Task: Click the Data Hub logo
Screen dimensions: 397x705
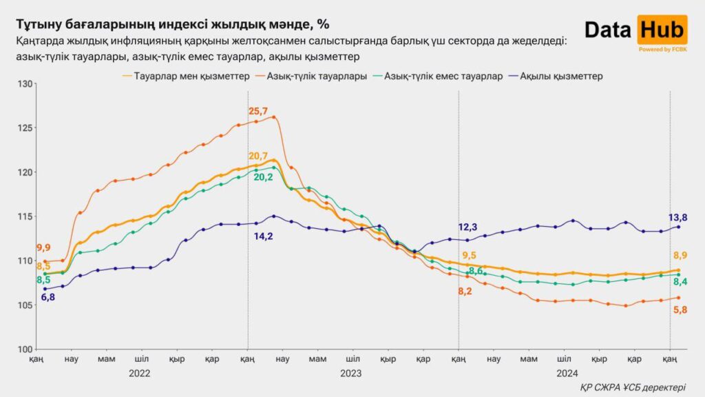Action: click(635, 30)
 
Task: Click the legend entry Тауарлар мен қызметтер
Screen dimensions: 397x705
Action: click(185, 76)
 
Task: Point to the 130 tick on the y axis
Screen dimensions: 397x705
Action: click(25, 84)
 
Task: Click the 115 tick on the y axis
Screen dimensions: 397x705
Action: click(25, 216)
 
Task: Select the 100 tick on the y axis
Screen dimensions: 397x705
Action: click(25, 349)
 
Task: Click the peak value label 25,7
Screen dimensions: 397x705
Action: click(257, 111)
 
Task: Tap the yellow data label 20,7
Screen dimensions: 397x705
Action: click(257, 156)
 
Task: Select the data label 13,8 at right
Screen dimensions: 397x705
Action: click(678, 217)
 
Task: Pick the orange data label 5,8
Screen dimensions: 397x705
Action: click(678, 309)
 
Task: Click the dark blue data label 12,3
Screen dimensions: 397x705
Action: click(468, 227)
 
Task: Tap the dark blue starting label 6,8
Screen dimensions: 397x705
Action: click(48, 297)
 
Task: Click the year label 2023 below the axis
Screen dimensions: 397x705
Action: click(351, 373)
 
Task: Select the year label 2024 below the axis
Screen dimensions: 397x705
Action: click(567, 373)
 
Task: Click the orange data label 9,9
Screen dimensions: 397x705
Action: click(43, 247)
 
